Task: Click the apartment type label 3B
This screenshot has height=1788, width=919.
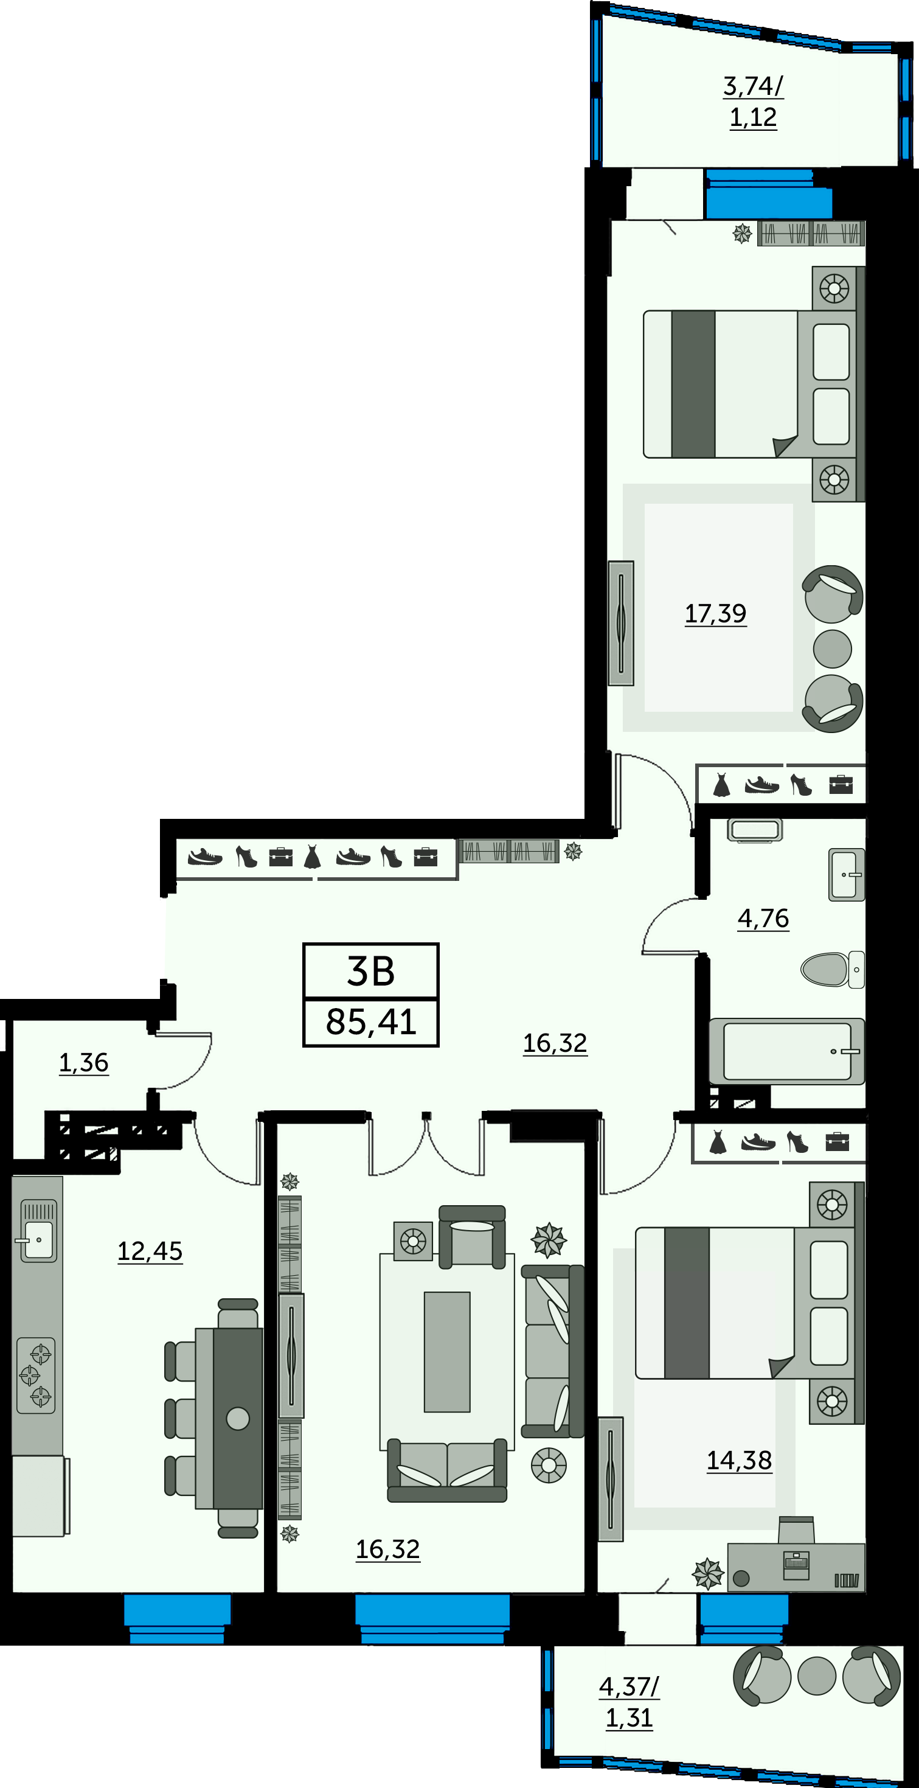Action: (370, 971)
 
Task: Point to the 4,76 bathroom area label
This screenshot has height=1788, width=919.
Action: (763, 918)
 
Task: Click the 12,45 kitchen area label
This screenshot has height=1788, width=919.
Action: (150, 1251)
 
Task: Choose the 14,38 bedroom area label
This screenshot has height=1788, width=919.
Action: (739, 1460)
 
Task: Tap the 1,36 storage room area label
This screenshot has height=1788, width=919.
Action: (83, 1063)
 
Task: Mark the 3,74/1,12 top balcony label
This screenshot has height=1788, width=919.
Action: (753, 102)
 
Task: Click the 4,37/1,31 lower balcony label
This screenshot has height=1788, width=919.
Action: (629, 1702)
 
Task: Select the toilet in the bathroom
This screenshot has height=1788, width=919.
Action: (832, 969)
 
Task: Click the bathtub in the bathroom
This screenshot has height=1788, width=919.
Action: (786, 1051)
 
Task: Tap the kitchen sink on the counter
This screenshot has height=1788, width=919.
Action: (38, 1231)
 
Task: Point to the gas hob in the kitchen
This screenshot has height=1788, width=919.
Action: (35, 1375)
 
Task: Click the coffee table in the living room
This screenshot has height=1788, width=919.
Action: (447, 1352)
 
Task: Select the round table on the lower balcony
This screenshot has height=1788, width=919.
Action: (816, 1676)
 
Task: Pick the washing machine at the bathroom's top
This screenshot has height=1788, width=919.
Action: (755, 830)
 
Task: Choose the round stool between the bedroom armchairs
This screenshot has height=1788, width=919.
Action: (832, 649)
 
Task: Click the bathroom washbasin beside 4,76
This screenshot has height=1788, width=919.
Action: (847, 875)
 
